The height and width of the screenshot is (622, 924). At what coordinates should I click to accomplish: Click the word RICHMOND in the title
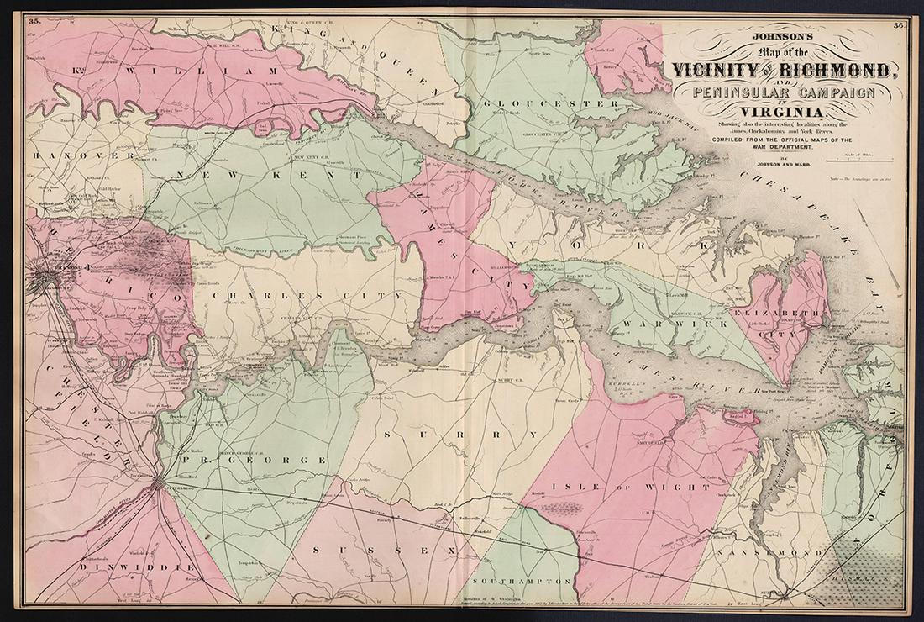(x=849, y=70)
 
